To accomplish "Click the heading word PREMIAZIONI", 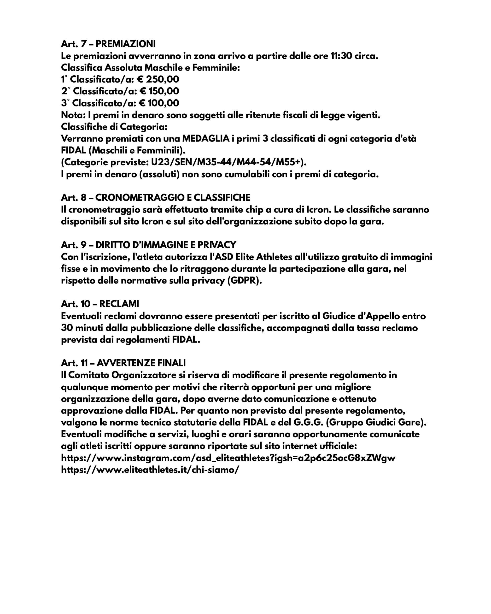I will tap(126, 44).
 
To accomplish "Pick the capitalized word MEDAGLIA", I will tap(206, 139).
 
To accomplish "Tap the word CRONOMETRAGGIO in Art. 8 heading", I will tap(139, 198).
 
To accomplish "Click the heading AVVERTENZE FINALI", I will tap(141, 363).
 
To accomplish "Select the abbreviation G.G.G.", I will tap(308, 422).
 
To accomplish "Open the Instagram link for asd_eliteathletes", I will tap(228, 458).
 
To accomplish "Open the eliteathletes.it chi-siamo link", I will tap(150, 470).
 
